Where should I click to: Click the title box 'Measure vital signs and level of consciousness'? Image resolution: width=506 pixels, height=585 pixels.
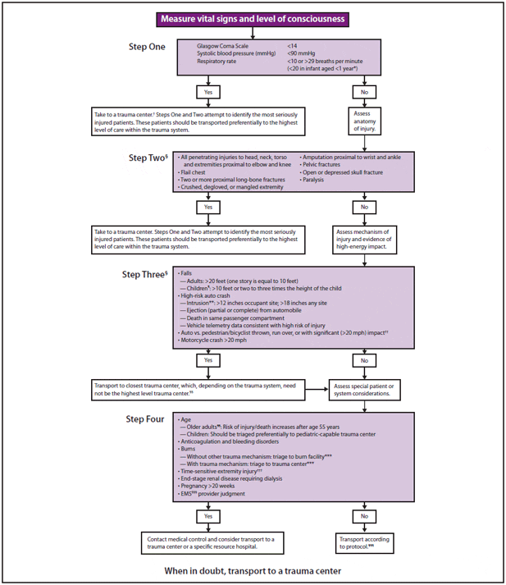[253, 19]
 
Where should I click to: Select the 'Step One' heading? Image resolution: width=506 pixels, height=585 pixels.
[153, 47]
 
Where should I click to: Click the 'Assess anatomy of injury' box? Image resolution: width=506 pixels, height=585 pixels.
[365, 121]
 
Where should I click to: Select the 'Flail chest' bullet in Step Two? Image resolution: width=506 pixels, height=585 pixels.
[193, 173]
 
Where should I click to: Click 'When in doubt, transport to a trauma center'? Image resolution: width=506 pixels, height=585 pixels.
[253, 570]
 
